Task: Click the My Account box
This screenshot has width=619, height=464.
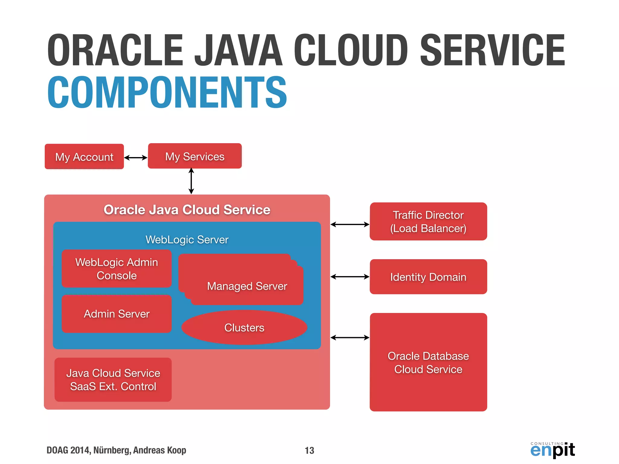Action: pyautogui.click(x=84, y=156)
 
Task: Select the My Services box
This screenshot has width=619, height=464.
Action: pyautogui.click(x=195, y=156)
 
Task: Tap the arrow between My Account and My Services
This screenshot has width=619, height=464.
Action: pyautogui.click(x=136, y=157)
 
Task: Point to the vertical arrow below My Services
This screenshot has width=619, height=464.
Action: pyautogui.click(x=191, y=181)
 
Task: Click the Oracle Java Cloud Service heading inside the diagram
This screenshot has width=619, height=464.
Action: pyautogui.click(x=187, y=210)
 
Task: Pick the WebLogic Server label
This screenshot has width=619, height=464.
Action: pyautogui.click(x=187, y=240)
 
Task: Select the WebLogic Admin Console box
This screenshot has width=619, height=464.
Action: pyautogui.click(x=117, y=269)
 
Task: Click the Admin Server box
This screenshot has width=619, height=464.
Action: pyautogui.click(x=117, y=314)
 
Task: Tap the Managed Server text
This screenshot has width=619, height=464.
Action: pyautogui.click(x=247, y=286)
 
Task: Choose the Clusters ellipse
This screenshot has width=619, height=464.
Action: pyautogui.click(x=244, y=327)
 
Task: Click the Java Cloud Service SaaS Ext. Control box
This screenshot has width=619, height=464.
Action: pyautogui.click(x=113, y=380)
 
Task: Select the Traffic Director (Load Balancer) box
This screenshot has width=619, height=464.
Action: pyautogui.click(x=428, y=221)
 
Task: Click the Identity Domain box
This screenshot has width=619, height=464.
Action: pyautogui.click(x=428, y=277)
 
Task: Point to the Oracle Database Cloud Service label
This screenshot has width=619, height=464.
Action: pyautogui.click(x=428, y=362)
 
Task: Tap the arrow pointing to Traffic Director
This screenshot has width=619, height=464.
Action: pyautogui.click(x=350, y=224)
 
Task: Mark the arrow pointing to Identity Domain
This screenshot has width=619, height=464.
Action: pyautogui.click(x=350, y=276)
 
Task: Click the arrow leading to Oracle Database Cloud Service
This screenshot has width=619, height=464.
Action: pyautogui.click(x=350, y=337)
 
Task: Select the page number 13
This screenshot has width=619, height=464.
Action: pyautogui.click(x=309, y=450)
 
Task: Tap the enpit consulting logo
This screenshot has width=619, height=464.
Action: pyautogui.click(x=553, y=450)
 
